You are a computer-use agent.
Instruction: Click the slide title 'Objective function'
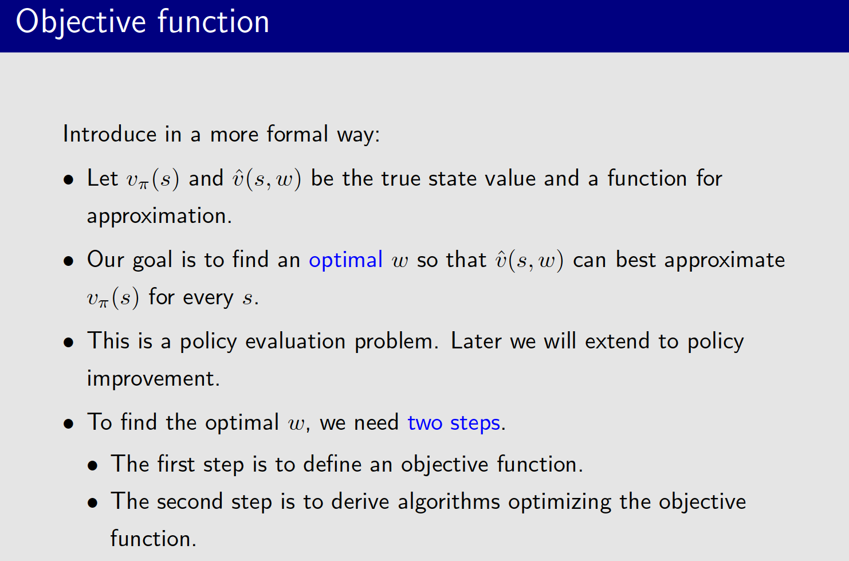click(x=143, y=23)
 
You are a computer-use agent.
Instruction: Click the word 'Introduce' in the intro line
click(x=109, y=135)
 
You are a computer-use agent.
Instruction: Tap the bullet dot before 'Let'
click(x=69, y=180)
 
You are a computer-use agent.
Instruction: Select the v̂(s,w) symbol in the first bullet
click(x=266, y=179)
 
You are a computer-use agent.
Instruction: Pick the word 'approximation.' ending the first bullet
click(x=159, y=217)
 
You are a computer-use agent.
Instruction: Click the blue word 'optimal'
click(x=345, y=261)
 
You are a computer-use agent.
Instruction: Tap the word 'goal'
click(x=152, y=261)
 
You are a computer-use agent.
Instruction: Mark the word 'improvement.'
click(x=154, y=379)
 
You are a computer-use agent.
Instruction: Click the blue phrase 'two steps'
click(x=454, y=423)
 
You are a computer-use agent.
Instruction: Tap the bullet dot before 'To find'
click(x=69, y=424)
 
